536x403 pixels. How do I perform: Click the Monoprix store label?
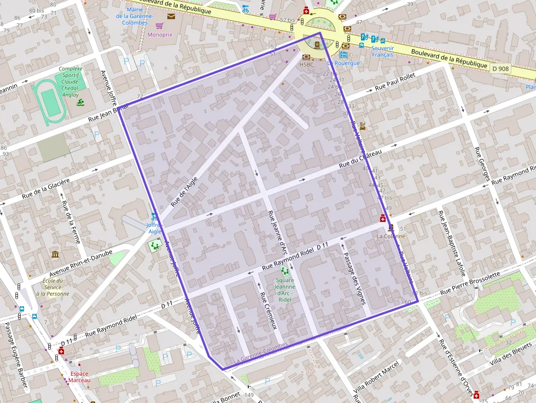(x=160, y=34)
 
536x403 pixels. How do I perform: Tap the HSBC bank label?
(x=307, y=64)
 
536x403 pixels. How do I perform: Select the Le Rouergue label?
(x=343, y=63)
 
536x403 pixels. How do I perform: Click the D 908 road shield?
(x=500, y=69)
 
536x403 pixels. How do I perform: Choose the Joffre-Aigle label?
(x=155, y=227)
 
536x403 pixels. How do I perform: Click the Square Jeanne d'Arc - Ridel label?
(x=284, y=290)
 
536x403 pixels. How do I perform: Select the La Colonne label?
(x=391, y=236)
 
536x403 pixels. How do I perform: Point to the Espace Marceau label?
(x=79, y=377)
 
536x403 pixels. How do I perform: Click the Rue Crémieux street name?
(x=269, y=312)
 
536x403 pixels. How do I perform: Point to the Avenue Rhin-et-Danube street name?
(x=80, y=264)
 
